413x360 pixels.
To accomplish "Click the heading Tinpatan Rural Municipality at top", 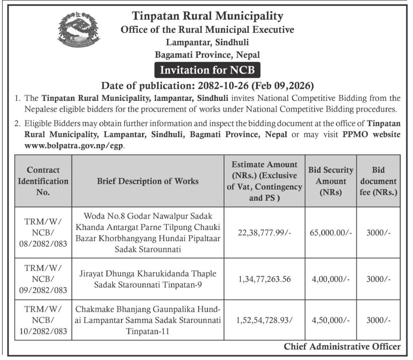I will tap(207, 16).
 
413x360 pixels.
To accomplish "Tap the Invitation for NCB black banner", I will tap(207, 70).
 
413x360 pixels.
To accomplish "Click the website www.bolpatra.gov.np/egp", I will tap(74, 146).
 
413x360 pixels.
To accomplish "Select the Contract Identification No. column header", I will tap(43, 181).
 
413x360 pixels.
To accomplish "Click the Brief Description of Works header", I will tap(148, 181).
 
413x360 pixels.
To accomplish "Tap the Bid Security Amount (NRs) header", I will tap(331, 181).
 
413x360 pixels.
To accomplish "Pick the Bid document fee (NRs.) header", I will tap(378, 181).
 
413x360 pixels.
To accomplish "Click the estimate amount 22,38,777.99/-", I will tap(264, 233).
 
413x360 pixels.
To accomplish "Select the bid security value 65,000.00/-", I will tap(331, 233).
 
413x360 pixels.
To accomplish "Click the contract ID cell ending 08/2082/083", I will tap(43, 233).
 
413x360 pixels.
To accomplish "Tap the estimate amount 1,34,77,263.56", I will tap(264, 279).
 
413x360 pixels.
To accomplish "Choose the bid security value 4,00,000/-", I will tap(331, 279).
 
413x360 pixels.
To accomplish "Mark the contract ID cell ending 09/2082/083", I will tap(43, 279).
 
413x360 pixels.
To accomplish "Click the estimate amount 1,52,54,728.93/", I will tap(264, 320).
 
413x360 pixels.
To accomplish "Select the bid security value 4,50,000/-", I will tap(331, 320).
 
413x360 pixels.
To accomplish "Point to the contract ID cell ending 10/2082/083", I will tap(43, 320).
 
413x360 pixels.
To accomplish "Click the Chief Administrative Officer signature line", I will tap(342, 347).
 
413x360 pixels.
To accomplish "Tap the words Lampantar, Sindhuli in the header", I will tap(207, 42).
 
